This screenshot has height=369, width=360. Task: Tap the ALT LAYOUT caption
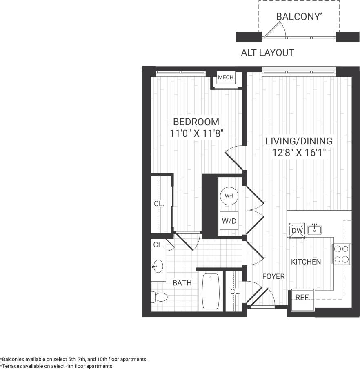(267, 53)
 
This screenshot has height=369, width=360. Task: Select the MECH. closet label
(226, 78)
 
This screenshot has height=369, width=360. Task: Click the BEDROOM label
(196, 122)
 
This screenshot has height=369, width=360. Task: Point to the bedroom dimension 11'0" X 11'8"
(196, 133)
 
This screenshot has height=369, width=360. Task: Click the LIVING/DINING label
(299, 141)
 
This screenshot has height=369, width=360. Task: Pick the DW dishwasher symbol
(297, 230)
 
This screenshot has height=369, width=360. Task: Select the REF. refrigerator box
(301, 298)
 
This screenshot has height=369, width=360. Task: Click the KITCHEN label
(306, 262)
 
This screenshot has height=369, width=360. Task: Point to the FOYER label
(273, 276)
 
